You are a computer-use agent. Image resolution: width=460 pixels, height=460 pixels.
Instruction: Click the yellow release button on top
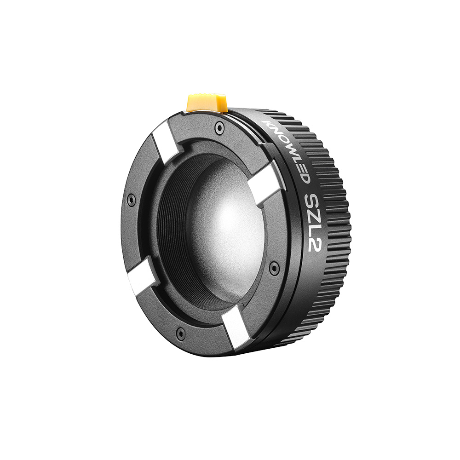point(207,103)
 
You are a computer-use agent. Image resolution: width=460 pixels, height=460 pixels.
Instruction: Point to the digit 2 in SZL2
point(315,244)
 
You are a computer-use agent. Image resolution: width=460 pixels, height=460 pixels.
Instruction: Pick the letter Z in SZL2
point(314,214)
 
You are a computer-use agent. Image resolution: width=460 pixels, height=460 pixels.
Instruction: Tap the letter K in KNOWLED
point(266,123)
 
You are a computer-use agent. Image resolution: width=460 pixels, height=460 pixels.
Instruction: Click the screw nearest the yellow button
point(220,126)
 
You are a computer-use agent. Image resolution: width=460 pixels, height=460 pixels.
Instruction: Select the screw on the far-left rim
point(132,200)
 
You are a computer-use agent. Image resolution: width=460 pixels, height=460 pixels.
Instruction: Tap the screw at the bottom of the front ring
point(181,332)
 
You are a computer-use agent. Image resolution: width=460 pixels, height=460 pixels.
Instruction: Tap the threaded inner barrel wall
point(172,230)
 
